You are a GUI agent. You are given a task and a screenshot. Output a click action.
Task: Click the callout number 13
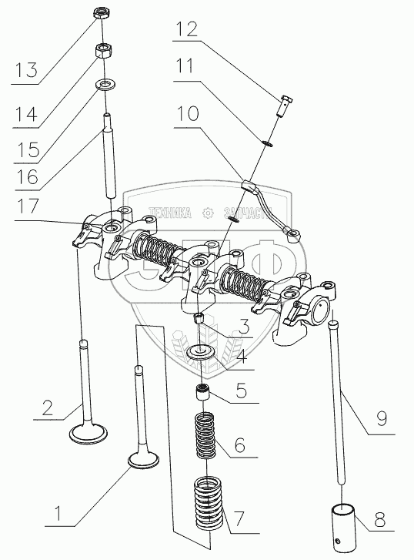(x=26, y=69)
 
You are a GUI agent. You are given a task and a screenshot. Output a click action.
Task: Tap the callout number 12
(x=186, y=29)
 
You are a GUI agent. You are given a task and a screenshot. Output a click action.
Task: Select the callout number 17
(x=28, y=206)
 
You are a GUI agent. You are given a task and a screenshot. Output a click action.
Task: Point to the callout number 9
(x=382, y=418)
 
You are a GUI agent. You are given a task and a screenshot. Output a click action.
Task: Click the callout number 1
(x=57, y=512)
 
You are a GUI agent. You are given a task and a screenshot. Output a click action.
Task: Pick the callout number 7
(x=239, y=519)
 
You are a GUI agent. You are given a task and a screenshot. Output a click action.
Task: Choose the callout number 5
(x=242, y=390)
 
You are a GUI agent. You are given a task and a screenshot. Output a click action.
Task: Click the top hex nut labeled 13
(x=102, y=13)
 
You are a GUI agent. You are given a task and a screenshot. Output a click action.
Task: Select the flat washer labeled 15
(x=104, y=85)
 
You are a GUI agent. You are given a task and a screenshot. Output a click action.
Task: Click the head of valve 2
(x=88, y=434)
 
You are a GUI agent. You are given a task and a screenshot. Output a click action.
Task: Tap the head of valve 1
(x=143, y=461)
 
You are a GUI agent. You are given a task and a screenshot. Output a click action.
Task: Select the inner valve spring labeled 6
(x=205, y=436)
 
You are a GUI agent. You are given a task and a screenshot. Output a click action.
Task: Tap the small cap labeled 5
(x=202, y=392)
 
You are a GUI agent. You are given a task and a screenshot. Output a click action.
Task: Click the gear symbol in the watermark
(x=207, y=213)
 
